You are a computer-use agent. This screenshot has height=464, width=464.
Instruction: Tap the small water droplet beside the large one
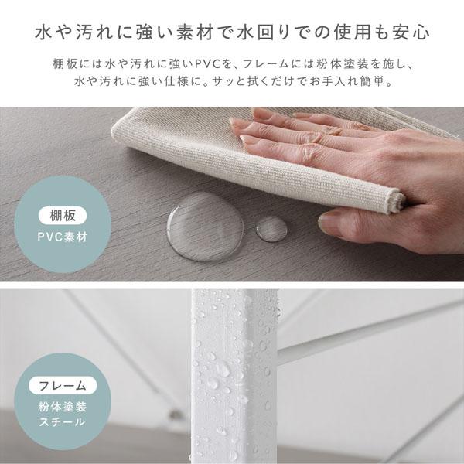[x=270, y=228]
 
